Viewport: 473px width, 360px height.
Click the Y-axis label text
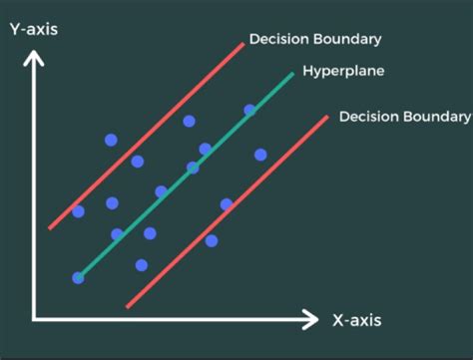point(33,28)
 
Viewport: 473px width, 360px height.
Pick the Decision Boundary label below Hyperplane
point(404,117)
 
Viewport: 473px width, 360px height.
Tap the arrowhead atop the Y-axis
point(34,61)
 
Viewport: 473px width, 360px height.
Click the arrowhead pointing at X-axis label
point(310,320)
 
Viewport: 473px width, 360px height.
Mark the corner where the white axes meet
point(34,319)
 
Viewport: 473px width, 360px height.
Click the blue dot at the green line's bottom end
point(78,277)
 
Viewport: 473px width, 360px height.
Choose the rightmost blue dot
point(260,155)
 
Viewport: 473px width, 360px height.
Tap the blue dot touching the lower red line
point(227,204)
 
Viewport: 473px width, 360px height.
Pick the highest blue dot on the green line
point(249,110)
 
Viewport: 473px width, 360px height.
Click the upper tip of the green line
point(292,74)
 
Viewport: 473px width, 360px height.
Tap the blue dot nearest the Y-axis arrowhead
point(111,140)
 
